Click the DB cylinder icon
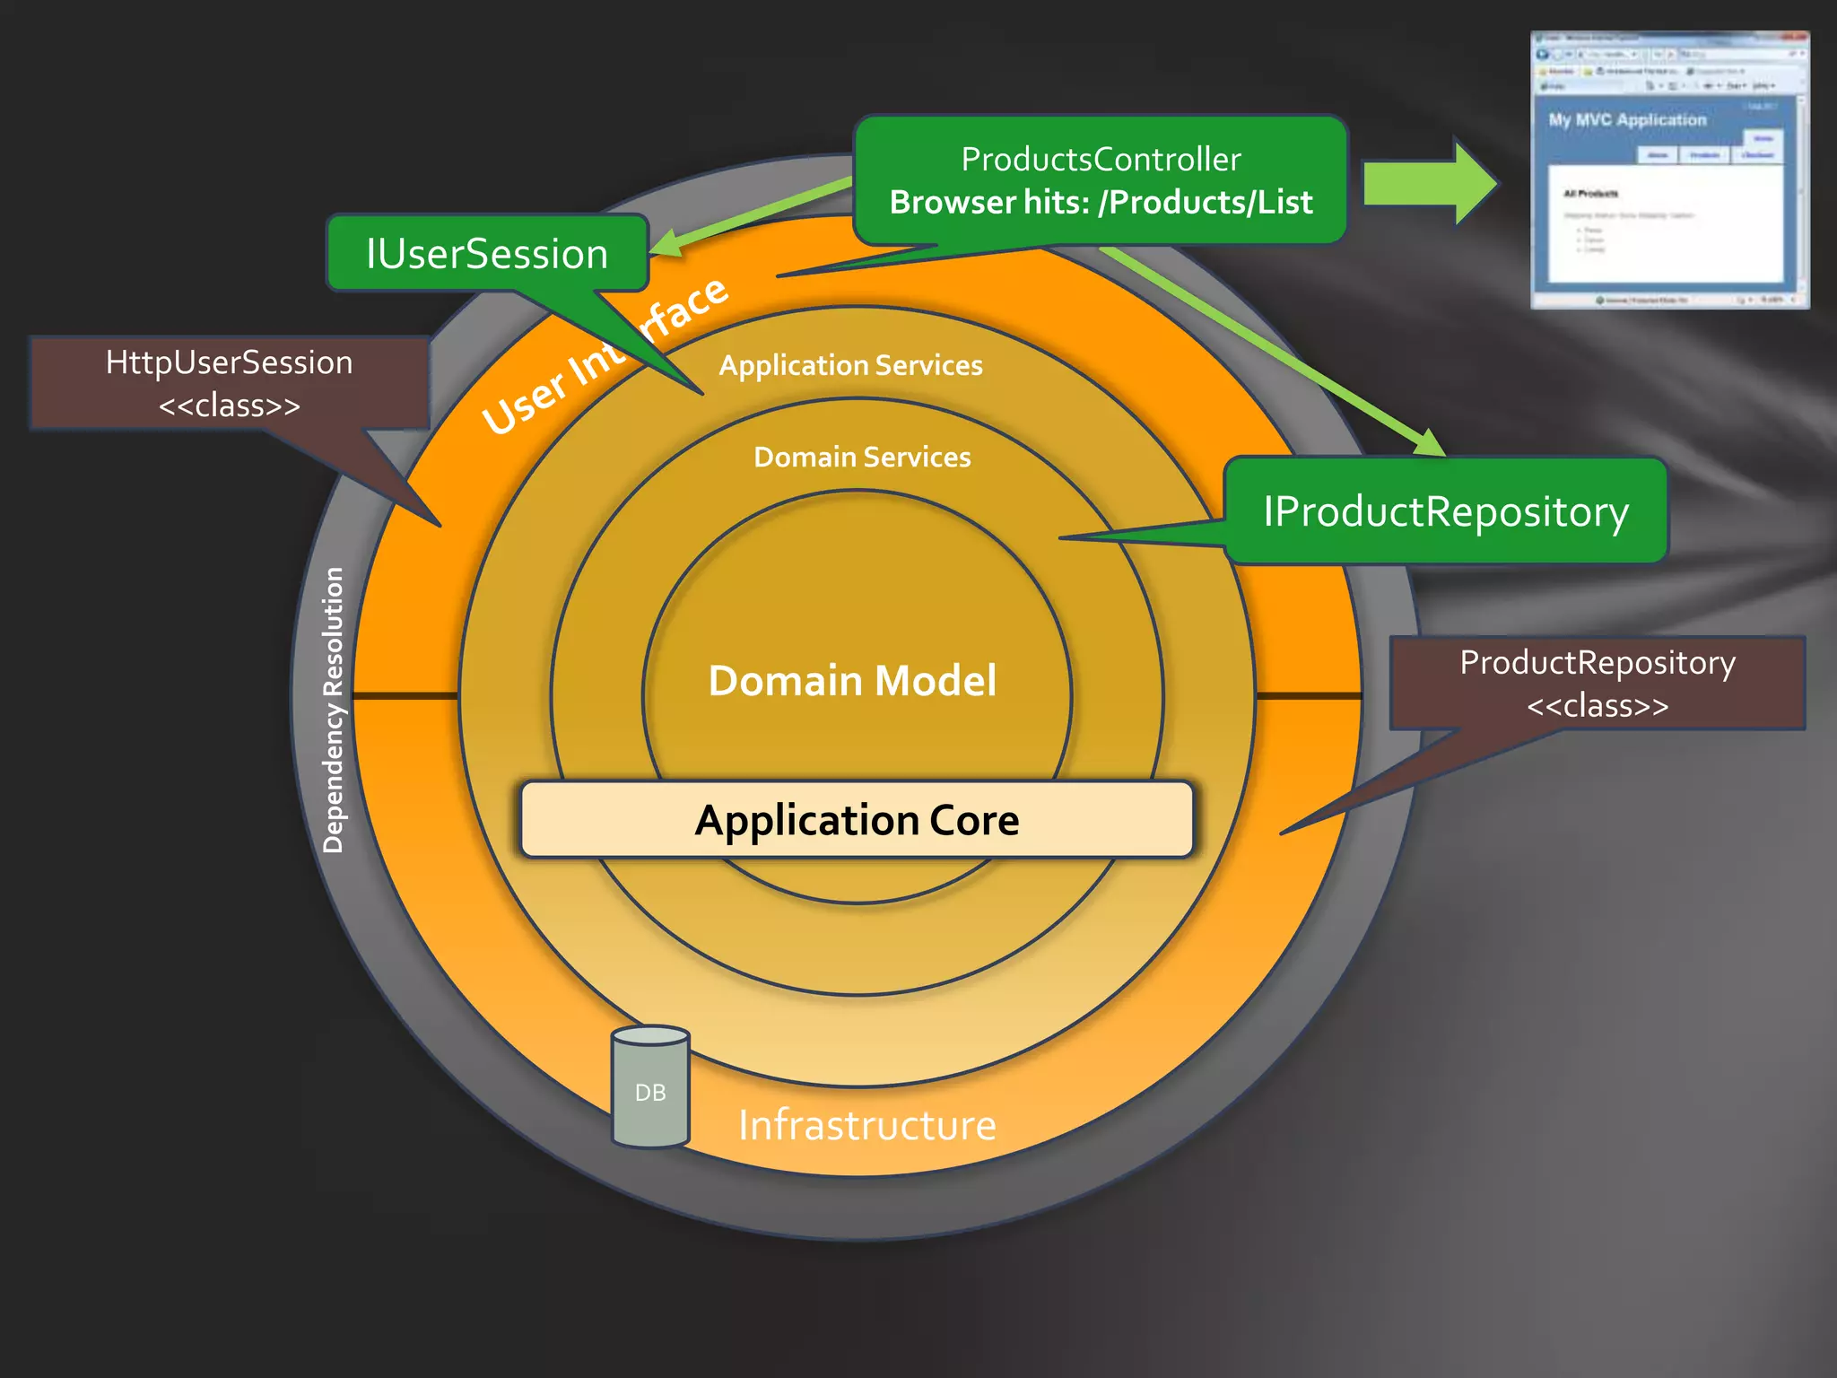[650, 1087]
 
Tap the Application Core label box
[857, 820]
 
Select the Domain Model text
[852, 680]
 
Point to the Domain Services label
[862, 458]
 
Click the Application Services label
[850, 365]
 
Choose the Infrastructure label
[866, 1125]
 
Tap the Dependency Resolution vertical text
[333, 709]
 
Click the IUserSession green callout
[487, 254]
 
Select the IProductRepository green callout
[1445, 511]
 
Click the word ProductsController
[1101, 160]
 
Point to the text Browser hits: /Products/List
[1101, 203]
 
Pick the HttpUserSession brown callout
[230, 382]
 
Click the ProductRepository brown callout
[1597, 683]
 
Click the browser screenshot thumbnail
[1668, 170]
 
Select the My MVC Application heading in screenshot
[1627, 120]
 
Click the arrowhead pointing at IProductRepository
[1430, 442]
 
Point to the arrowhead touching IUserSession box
[666, 243]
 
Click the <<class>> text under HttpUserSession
[230, 406]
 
